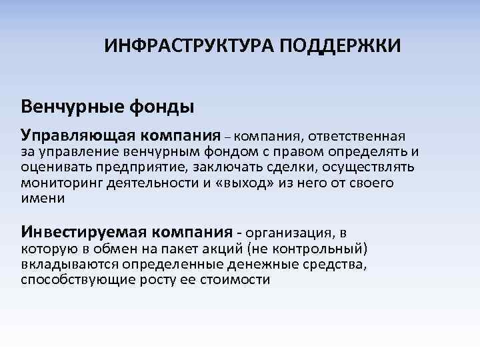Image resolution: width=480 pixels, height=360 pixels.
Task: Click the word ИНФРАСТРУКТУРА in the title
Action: [189, 47]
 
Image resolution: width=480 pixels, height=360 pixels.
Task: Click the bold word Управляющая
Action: [79, 136]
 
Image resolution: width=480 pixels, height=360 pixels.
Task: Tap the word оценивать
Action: [57, 167]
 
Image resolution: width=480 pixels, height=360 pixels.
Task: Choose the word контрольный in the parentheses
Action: [319, 249]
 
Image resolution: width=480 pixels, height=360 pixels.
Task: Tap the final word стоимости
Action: [239, 279]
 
